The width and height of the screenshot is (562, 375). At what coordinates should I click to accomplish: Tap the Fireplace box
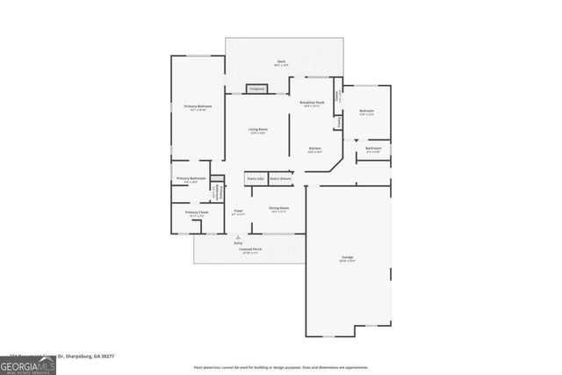tap(257, 89)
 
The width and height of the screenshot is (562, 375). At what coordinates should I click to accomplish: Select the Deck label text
tap(281, 61)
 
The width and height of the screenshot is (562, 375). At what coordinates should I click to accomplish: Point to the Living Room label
tap(257, 130)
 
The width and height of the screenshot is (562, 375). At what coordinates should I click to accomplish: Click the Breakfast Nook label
tap(313, 104)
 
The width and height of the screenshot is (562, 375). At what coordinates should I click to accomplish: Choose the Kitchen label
tap(314, 149)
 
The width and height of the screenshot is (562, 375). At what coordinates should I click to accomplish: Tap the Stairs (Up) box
tap(255, 177)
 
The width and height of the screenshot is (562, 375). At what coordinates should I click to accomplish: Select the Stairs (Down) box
tap(281, 177)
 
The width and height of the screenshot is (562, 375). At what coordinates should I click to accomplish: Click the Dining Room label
tap(279, 209)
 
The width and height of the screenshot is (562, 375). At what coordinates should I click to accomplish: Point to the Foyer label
tap(238, 212)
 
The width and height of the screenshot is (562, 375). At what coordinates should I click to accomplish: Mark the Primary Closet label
tap(196, 213)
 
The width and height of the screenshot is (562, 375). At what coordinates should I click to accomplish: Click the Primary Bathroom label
tap(191, 179)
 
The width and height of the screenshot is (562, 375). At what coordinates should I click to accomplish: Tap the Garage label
tap(348, 259)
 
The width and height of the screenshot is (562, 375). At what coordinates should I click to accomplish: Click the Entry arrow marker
tap(238, 237)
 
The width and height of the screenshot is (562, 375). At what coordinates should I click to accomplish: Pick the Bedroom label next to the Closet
tap(366, 112)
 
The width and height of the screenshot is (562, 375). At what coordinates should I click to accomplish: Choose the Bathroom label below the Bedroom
tap(373, 149)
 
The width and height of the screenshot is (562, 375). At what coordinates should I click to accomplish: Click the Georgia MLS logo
tap(28, 363)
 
